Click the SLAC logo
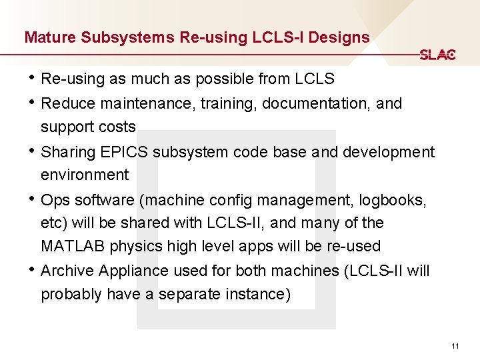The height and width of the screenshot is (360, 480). coord(437,55)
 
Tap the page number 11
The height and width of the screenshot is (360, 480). coord(455,346)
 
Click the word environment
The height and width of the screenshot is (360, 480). coord(85,175)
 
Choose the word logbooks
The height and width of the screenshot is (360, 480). coord(392,199)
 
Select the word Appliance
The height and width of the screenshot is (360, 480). coord(135,271)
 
